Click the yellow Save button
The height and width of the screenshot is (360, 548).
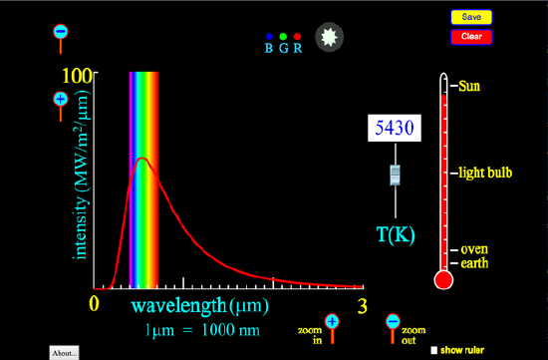click(x=472, y=17)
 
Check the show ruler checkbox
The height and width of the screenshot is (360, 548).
click(x=434, y=350)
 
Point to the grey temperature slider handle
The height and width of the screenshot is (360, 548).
click(x=396, y=176)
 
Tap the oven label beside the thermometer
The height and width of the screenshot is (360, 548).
click(x=473, y=249)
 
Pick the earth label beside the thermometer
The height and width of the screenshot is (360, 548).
click(x=474, y=262)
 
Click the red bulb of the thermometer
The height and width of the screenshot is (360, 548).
click(x=444, y=280)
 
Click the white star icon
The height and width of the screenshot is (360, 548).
click(x=328, y=38)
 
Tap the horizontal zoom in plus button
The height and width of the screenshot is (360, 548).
click(x=332, y=321)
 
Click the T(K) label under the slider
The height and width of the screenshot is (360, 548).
click(x=395, y=235)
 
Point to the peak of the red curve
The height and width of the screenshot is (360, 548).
click(x=142, y=159)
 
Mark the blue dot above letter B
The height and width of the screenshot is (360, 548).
click(x=269, y=36)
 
